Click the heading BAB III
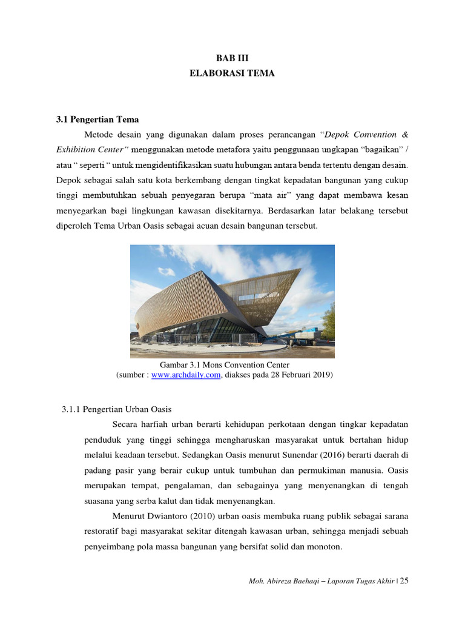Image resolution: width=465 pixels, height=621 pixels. (232, 58)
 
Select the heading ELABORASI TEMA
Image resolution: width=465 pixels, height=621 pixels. (232, 73)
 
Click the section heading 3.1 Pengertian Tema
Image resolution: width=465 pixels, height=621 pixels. (97, 119)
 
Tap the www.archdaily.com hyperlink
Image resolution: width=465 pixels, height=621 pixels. (186, 375)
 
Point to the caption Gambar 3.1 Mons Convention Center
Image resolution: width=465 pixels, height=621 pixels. (225, 365)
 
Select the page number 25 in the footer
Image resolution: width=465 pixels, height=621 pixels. (404, 581)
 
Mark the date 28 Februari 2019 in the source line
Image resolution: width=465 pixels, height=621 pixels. (301, 375)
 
